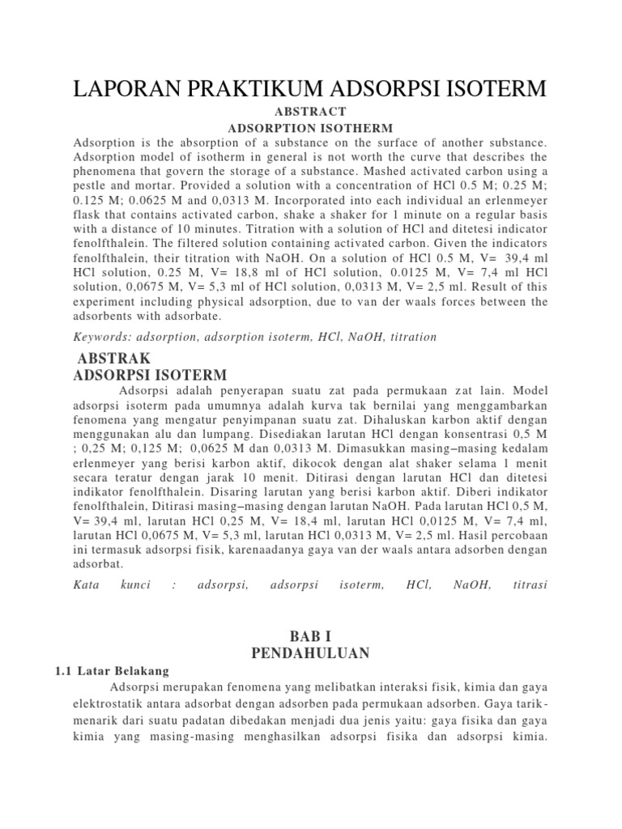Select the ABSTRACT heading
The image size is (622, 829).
tap(310, 112)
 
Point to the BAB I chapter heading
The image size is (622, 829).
tap(310, 636)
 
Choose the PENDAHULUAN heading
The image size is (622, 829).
tap(310, 653)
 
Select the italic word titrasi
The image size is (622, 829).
tap(530, 585)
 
